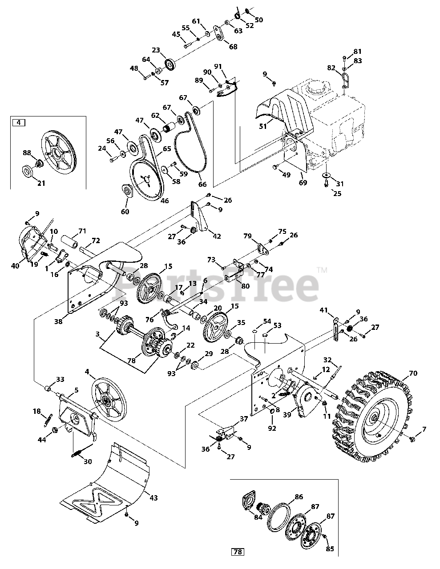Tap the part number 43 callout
tap(153, 497)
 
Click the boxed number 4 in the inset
tap(19, 123)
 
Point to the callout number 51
tap(263, 126)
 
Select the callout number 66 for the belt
tap(202, 184)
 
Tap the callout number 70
tap(413, 373)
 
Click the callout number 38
tap(58, 321)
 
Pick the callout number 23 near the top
tap(156, 50)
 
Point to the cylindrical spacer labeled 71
tap(70, 241)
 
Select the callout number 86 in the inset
tap(299, 497)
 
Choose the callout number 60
tap(125, 211)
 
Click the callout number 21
tap(41, 183)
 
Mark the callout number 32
tap(327, 360)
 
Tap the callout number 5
tap(76, 390)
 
